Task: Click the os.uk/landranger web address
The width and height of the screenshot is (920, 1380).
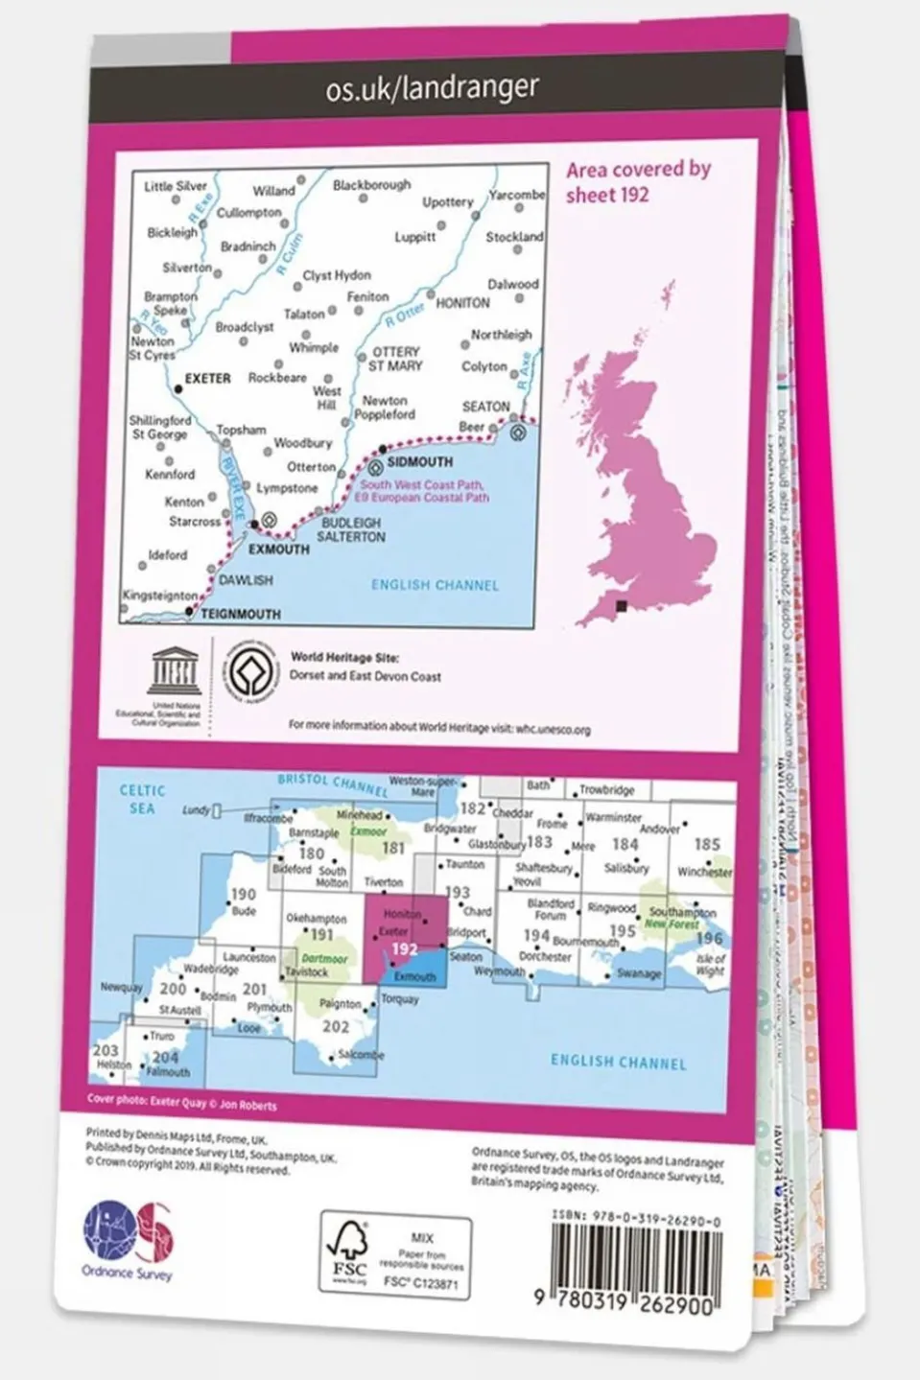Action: [x=432, y=88]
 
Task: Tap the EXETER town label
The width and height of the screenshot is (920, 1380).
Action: [x=207, y=379]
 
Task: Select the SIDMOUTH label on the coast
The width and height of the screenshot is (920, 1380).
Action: [x=420, y=462]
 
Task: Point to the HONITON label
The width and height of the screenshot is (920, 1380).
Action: [x=462, y=303]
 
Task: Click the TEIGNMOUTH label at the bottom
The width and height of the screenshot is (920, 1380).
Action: [x=242, y=615]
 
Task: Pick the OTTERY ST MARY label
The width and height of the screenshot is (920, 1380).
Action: [x=395, y=359]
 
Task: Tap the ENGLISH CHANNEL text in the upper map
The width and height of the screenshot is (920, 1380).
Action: [x=435, y=585]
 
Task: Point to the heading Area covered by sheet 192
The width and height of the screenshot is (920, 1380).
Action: [x=637, y=181]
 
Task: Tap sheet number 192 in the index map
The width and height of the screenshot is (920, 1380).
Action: [x=404, y=948]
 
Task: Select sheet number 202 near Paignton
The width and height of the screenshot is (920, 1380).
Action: [x=336, y=1026]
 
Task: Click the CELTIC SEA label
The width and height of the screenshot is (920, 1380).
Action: [x=142, y=799]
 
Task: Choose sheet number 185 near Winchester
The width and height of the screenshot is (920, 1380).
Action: [x=706, y=845]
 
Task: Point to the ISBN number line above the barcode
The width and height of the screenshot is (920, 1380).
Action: [x=636, y=1214]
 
